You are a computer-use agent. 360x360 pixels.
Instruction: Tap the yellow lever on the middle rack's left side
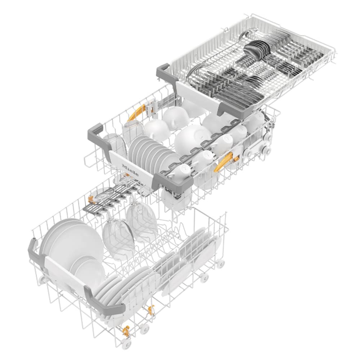[136, 112]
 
